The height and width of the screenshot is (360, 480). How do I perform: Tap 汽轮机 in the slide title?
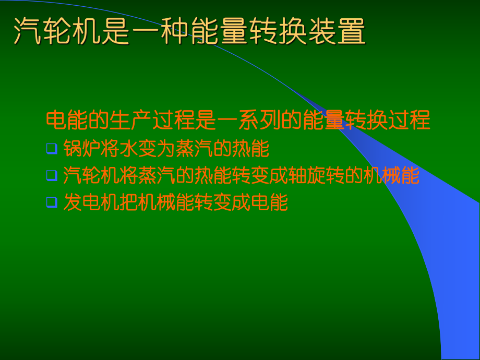click(x=57, y=32)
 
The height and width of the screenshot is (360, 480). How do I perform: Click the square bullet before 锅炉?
click(x=51, y=148)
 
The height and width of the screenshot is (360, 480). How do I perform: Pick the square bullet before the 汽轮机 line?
click(x=51, y=175)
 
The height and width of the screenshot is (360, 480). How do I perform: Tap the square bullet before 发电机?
click(x=51, y=202)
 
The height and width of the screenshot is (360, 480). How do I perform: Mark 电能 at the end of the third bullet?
click(x=270, y=202)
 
